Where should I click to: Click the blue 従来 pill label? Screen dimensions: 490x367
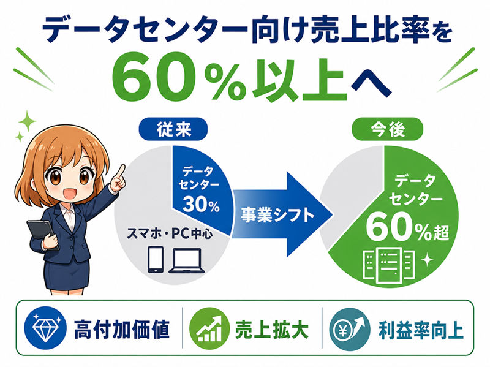[x=173, y=129]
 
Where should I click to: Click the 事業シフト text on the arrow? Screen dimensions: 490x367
[x=277, y=215]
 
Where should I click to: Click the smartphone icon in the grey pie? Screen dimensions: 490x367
[x=156, y=260]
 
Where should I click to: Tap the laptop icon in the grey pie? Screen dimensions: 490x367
[x=187, y=261]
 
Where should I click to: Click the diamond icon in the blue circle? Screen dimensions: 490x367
[x=45, y=328]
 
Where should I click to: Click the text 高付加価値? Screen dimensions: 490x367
[x=122, y=329]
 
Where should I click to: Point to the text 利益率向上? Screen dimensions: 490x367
[x=421, y=330]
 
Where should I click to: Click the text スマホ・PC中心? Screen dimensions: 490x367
[x=170, y=233]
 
